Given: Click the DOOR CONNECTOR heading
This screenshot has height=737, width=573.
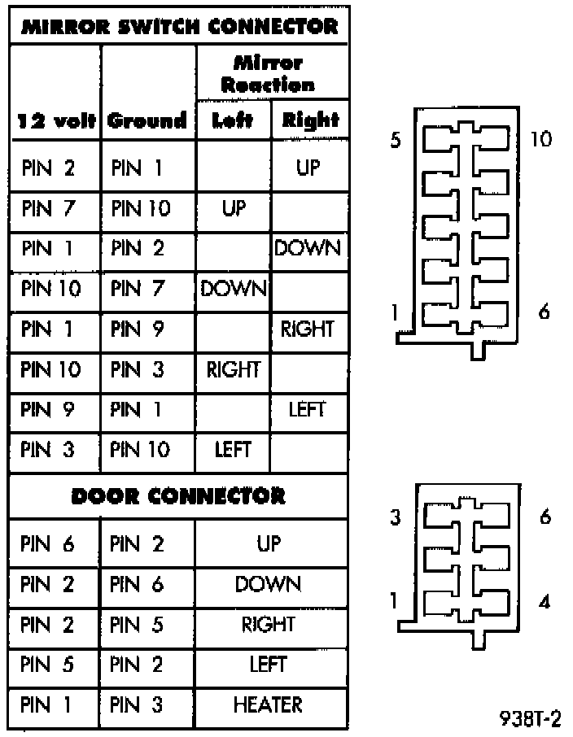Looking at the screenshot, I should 179,495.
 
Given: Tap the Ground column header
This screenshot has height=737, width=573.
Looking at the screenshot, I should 147,122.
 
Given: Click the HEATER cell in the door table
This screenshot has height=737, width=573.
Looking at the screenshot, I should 268,704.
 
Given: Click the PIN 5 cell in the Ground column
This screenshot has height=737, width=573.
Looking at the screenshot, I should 138,625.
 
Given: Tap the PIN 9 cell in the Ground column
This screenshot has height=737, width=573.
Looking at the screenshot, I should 138,329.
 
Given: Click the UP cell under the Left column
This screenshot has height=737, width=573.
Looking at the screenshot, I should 233,209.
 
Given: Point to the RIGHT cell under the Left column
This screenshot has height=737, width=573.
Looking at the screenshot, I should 233,369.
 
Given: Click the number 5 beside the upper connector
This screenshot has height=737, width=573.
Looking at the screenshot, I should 395,141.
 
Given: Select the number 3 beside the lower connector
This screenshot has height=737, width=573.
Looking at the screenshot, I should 395,518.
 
